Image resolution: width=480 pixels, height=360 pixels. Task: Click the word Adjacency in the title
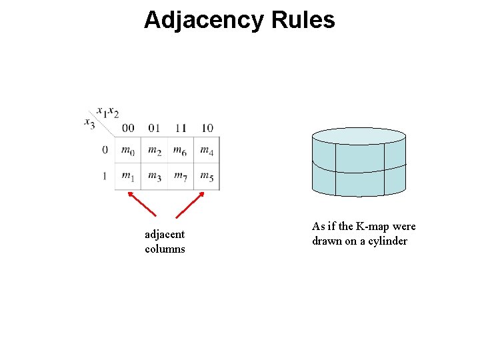[x=204, y=20]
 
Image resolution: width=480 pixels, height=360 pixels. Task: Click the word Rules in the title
[x=303, y=20]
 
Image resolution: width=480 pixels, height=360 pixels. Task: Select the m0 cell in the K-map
[x=128, y=151]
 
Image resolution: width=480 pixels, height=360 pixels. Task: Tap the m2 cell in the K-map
[x=154, y=151]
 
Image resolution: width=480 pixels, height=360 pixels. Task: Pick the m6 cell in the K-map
[x=180, y=151]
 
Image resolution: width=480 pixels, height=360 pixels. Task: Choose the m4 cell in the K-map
[x=207, y=151]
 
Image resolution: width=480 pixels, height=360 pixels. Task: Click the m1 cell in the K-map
[x=128, y=176]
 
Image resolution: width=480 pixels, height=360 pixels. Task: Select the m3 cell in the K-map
[x=154, y=176]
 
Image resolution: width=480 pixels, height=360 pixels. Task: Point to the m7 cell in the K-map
[x=180, y=176]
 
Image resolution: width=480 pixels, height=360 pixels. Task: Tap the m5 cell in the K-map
[x=207, y=176]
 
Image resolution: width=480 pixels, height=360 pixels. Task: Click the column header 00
[x=128, y=128]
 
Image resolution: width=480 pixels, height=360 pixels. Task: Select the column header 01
[x=154, y=128]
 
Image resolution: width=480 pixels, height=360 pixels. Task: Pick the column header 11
[x=180, y=128]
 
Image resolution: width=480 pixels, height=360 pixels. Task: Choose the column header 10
[x=207, y=128]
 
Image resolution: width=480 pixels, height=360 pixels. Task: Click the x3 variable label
[x=89, y=122]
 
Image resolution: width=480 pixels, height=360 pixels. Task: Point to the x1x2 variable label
[x=107, y=111]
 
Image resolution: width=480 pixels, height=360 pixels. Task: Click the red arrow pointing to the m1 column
[x=141, y=204]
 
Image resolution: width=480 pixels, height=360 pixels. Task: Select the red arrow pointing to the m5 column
[x=190, y=205]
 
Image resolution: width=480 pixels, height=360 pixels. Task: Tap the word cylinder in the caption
[x=387, y=241]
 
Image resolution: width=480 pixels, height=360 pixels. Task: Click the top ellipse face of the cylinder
[x=359, y=136]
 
